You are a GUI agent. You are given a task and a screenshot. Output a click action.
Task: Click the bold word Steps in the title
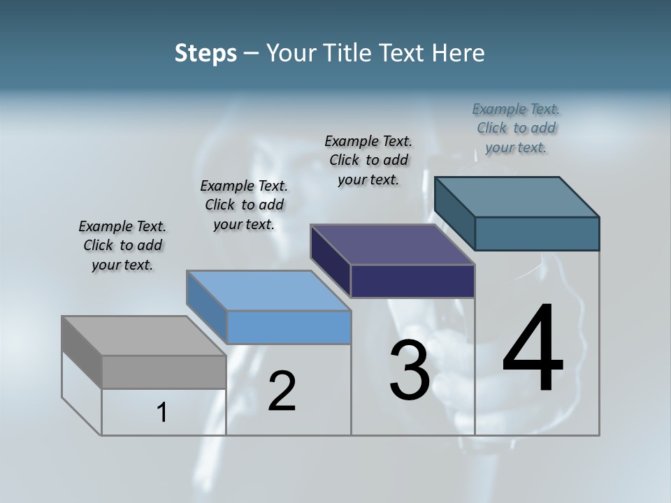[x=205, y=53]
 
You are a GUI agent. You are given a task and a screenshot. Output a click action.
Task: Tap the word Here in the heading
[x=459, y=53]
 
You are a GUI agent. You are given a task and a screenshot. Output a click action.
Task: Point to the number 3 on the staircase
[x=409, y=371]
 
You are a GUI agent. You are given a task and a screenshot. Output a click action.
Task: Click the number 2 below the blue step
[x=282, y=391]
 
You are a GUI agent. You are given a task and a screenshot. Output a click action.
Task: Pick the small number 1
[x=162, y=413]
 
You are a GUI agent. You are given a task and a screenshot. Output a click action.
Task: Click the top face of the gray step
[x=143, y=336]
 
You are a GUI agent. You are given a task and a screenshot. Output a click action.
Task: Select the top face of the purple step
[x=392, y=245]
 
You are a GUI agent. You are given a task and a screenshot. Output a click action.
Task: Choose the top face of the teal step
[x=517, y=197]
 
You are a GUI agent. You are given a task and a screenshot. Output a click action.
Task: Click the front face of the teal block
[x=537, y=233]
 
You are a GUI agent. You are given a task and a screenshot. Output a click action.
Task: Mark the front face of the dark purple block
[x=412, y=281]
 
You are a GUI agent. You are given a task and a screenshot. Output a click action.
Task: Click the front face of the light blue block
[x=289, y=327]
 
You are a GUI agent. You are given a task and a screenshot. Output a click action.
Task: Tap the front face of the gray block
[x=164, y=372]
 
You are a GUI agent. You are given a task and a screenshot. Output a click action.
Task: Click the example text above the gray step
[x=122, y=246]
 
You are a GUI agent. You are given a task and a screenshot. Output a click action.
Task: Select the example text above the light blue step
[x=244, y=205]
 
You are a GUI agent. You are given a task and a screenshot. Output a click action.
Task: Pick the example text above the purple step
[x=368, y=161]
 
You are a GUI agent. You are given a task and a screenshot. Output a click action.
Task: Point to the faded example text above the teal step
[x=516, y=129]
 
